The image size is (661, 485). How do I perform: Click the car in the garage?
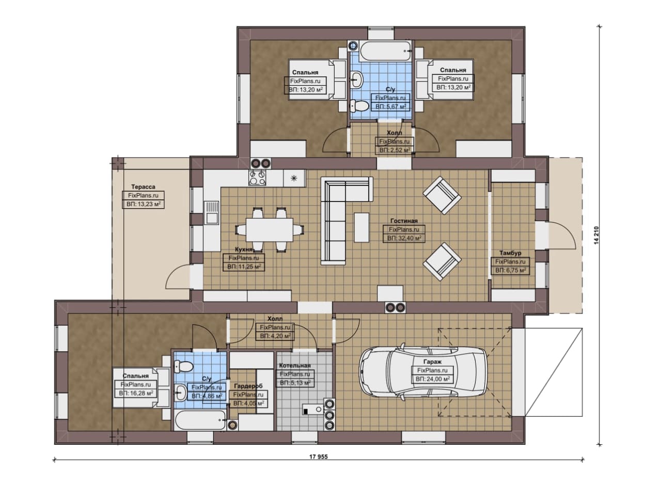422,372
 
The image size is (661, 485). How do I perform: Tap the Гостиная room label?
404,221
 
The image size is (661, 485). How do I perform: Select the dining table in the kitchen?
270,230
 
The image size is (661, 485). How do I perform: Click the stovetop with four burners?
257,178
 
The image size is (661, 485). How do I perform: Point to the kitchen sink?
212,212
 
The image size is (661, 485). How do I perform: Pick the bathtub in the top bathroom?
385,51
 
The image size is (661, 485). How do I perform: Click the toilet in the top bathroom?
359,106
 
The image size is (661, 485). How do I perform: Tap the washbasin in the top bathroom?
357,79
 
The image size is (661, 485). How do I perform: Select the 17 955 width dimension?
319,457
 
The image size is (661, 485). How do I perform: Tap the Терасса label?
143,187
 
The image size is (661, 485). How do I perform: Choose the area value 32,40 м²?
404,238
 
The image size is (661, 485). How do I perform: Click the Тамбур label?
510,253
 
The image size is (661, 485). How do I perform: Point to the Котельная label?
295,366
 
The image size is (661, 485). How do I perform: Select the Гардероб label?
248,386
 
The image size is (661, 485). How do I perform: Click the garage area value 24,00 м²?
433,379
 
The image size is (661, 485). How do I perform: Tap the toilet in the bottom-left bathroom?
183,367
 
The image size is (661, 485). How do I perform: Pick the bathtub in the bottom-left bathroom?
200,420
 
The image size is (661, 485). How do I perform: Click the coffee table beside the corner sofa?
361,227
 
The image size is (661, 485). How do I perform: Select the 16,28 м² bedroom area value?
136,394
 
